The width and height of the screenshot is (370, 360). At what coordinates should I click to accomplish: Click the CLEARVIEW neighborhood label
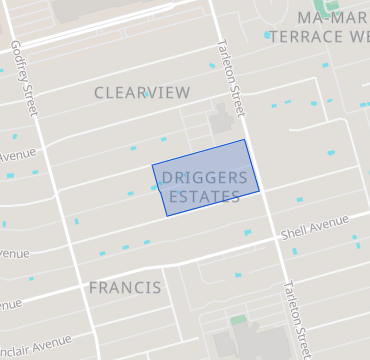coord(141,92)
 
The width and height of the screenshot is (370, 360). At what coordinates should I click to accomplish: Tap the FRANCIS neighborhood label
coord(124,288)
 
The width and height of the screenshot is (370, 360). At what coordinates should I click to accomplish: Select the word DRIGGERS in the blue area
coord(204,178)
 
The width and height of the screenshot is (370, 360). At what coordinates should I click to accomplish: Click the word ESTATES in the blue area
coord(204,196)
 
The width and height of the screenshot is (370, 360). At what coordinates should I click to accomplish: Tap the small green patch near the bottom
coord(238,320)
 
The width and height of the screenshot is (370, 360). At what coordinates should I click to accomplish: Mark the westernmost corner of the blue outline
coord(152,165)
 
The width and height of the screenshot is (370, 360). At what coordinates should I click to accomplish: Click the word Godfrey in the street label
coord(18,56)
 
